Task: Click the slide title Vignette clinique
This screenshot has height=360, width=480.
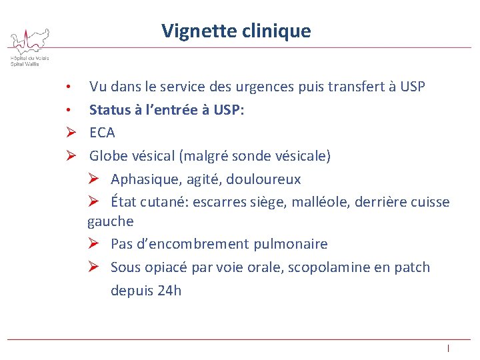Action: point(235,31)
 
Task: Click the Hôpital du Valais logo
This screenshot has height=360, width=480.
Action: point(29,47)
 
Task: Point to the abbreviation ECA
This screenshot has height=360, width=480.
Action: point(102,133)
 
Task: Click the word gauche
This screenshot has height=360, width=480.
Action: point(110,221)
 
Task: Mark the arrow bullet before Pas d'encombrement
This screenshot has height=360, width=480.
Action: point(94,244)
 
